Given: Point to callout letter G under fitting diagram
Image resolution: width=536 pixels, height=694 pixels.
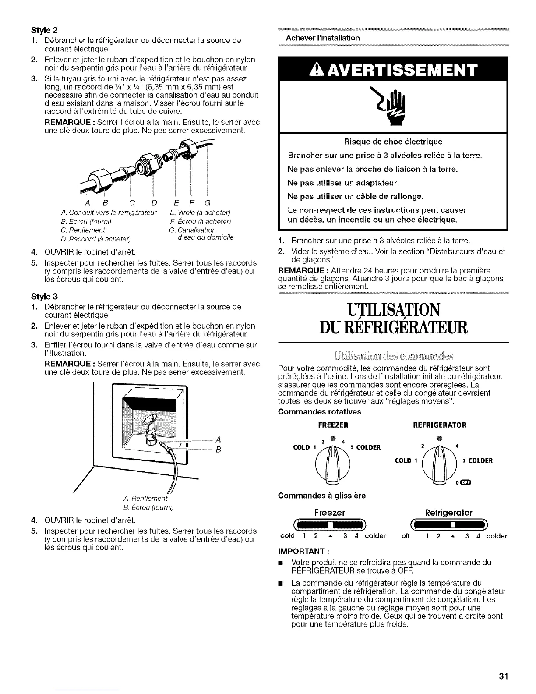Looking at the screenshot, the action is pyautogui.click(x=207, y=203).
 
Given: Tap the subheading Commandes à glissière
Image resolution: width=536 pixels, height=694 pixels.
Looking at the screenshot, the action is pyautogui.click(x=322, y=496).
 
